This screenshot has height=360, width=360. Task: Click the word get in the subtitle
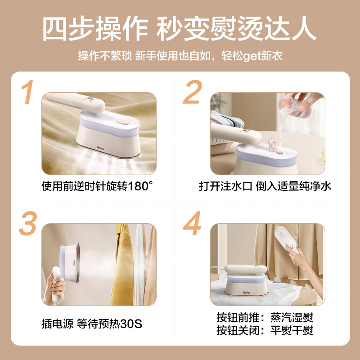(252, 56)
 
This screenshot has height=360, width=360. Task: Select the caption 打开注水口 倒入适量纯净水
(265, 185)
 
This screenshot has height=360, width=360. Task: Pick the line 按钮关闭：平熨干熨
(265, 330)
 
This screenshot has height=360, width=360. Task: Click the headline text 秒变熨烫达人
(236, 30)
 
